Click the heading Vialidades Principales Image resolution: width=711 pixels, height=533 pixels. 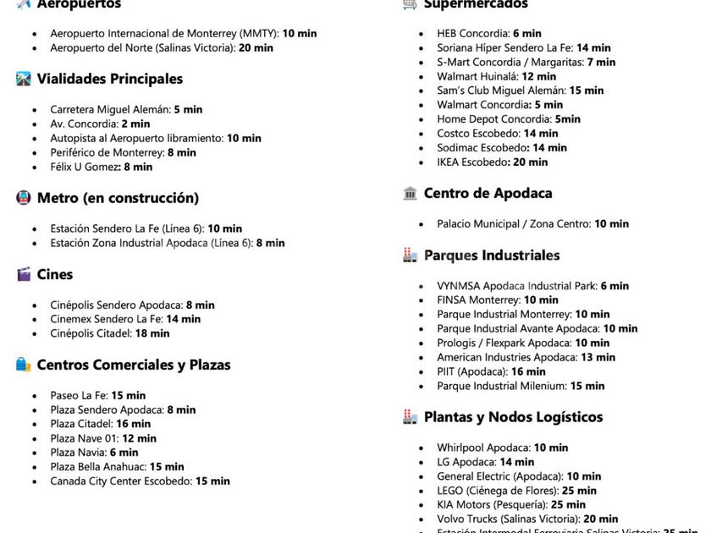click(109, 79)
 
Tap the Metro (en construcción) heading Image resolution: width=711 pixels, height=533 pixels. click(118, 198)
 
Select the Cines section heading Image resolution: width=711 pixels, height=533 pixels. click(55, 274)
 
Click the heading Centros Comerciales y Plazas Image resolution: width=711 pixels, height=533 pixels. click(134, 365)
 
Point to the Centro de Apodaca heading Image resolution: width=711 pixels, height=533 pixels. click(488, 193)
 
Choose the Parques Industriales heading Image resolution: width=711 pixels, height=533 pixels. click(492, 255)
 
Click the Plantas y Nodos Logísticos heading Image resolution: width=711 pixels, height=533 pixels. click(513, 416)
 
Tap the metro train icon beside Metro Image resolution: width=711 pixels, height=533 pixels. click(24, 198)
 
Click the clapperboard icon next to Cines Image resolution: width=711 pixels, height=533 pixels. click(24, 274)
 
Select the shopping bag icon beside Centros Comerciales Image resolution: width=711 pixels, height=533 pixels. click(24, 365)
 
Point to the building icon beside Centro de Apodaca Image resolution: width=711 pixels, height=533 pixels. click(411, 193)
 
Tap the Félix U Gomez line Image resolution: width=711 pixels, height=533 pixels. click(101, 167)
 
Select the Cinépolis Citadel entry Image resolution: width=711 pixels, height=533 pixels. click(109, 333)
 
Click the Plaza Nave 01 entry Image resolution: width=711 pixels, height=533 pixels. click(102, 438)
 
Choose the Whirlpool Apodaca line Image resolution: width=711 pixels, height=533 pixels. click(502, 448)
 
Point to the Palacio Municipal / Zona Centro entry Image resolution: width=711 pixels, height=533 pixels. click(532, 224)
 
